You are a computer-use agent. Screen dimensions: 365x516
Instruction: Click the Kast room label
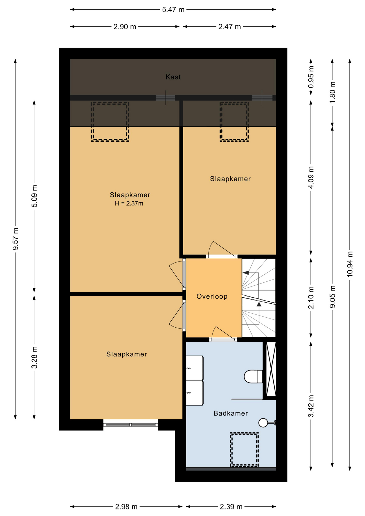point(173,77)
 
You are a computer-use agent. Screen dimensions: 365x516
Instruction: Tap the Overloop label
point(212,296)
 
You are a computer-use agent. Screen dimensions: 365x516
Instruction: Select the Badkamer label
point(231,413)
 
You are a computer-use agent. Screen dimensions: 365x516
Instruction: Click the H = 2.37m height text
point(129,203)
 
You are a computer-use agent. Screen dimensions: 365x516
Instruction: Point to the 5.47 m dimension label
point(173,10)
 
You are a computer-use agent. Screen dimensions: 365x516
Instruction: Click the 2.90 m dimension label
point(125,27)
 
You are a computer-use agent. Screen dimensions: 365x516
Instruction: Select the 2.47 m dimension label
point(230,27)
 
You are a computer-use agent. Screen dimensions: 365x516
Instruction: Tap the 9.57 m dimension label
point(16,239)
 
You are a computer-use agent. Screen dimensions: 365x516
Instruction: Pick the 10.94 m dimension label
point(350,264)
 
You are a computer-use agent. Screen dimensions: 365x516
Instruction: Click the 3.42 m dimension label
point(311,406)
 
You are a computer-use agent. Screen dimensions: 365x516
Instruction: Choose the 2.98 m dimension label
point(126,507)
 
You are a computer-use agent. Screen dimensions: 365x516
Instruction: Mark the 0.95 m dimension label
point(311,77)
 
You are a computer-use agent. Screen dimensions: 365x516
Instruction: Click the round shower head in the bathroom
point(263,423)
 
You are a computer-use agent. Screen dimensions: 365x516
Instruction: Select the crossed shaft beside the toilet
point(271,369)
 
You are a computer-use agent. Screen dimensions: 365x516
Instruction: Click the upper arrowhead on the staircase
point(246,273)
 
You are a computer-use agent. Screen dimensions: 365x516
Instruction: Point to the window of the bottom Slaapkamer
point(131,425)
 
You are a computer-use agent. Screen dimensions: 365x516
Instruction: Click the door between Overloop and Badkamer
point(223,339)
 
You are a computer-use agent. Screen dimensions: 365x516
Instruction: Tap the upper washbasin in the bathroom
point(195,368)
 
